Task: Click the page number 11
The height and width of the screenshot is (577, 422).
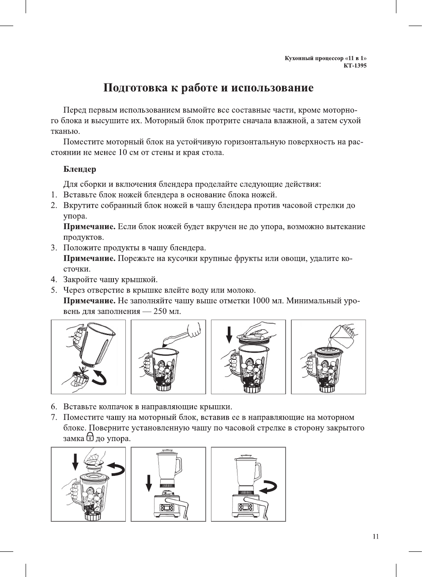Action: pos(376,536)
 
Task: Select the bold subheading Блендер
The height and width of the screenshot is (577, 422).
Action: pos(79,169)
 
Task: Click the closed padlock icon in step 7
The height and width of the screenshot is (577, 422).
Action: pos(90,437)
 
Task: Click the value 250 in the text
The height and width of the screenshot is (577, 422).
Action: pos(161,311)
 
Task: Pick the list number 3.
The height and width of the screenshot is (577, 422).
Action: pos(54,248)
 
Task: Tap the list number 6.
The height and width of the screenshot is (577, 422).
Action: pos(54,407)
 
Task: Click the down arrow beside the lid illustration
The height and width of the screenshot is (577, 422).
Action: pos(229,334)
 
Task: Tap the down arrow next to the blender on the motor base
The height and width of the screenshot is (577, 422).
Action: pos(149,483)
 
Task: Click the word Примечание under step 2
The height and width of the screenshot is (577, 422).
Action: pos(89,226)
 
